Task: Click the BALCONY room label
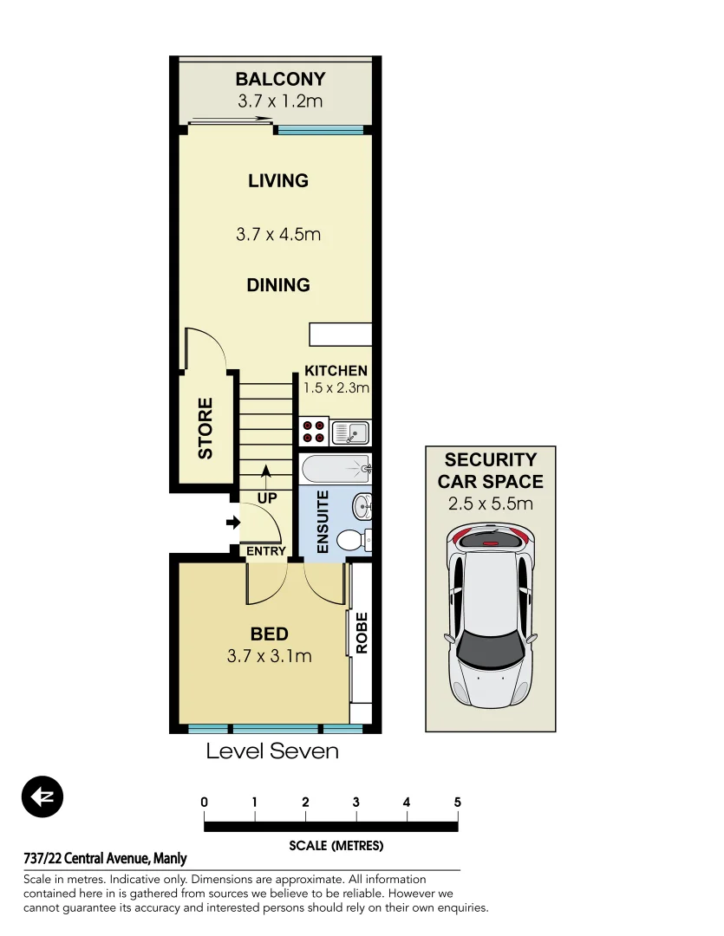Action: (x=280, y=79)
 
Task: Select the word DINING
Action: (x=277, y=285)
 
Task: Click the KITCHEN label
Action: (x=336, y=371)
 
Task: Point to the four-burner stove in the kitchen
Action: (x=313, y=431)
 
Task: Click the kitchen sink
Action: (x=351, y=432)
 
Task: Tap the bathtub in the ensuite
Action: (x=336, y=471)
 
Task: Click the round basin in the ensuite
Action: (x=362, y=506)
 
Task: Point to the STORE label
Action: (x=205, y=428)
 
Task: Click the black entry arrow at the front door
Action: (x=232, y=522)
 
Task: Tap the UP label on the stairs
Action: (x=266, y=498)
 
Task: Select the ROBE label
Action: (x=362, y=633)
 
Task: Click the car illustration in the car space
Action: (x=491, y=615)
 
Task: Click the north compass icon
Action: (x=42, y=796)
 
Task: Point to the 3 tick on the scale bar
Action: (x=356, y=803)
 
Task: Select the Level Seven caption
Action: (x=271, y=751)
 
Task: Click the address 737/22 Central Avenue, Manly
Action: (x=105, y=859)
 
